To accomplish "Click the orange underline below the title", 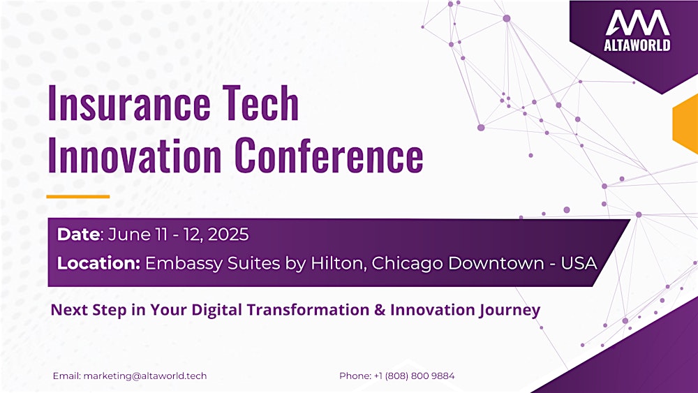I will coord(78,197).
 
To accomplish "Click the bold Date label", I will coord(78,235).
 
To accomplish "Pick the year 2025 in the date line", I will coord(228,235).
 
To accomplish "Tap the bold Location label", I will coord(98,264).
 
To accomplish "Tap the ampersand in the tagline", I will coord(380,309).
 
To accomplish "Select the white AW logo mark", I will coord(637,24).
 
